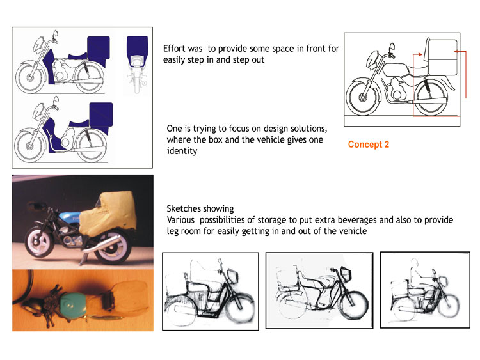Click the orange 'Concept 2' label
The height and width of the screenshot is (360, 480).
click(x=368, y=145)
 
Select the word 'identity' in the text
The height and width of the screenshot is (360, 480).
click(x=182, y=151)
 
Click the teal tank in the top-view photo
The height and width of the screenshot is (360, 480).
click(x=72, y=304)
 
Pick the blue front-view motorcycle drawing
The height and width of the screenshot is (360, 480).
click(x=137, y=64)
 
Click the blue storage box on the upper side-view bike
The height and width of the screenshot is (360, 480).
click(x=99, y=48)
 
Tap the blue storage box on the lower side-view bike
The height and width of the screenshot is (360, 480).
click(x=101, y=114)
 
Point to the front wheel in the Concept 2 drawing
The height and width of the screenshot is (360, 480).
click(x=362, y=98)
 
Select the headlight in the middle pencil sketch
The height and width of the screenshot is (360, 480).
click(x=346, y=274)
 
